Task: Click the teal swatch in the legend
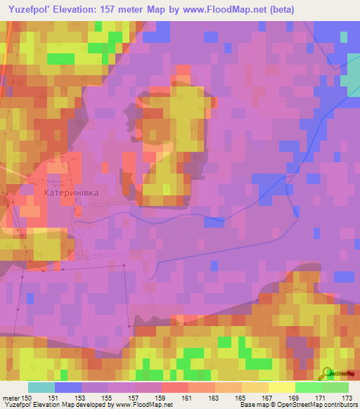[x=41, y=387]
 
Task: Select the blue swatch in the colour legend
[x=67, y=387]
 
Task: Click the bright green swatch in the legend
[x=308, y=387]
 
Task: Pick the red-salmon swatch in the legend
[x=174, y=387]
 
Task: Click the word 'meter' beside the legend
[x=11, y=398]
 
